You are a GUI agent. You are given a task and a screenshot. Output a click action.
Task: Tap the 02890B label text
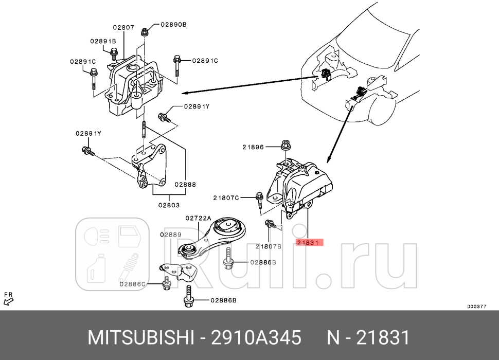173,25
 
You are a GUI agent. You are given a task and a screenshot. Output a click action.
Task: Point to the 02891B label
103,41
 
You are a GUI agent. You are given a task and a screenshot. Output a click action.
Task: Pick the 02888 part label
184,184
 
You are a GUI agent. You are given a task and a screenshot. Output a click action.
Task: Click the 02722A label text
198,218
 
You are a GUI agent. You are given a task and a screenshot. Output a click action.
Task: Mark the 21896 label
253,147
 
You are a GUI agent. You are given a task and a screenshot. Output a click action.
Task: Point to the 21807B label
269,246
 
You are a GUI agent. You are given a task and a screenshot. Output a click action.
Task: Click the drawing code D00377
477,307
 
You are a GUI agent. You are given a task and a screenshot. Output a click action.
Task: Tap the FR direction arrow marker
8,298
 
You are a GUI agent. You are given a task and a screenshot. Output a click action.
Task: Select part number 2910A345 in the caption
256,338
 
